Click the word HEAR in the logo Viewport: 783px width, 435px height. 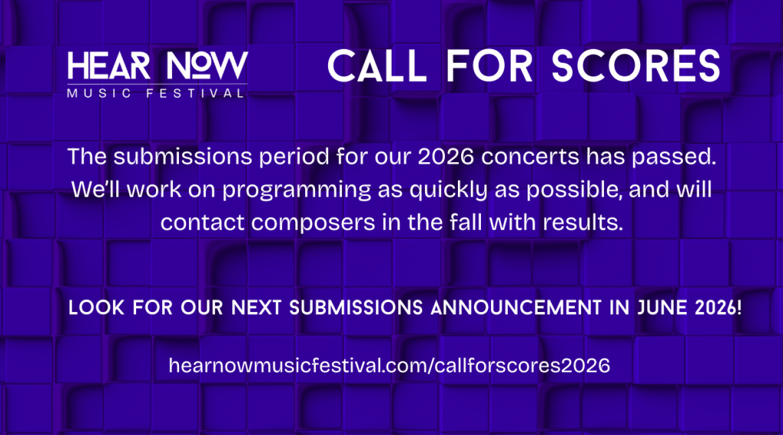[109, 66]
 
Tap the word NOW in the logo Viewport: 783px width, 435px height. [207, 66]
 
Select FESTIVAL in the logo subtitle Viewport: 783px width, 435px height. [195, 93]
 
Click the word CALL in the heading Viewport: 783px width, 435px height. [377, 66]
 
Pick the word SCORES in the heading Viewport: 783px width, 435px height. [635, 66]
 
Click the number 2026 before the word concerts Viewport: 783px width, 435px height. [446, 157]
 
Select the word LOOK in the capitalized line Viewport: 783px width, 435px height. [96, 307]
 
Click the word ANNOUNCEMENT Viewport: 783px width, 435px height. [516, 307]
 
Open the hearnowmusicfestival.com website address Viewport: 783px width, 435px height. [389, 365]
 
